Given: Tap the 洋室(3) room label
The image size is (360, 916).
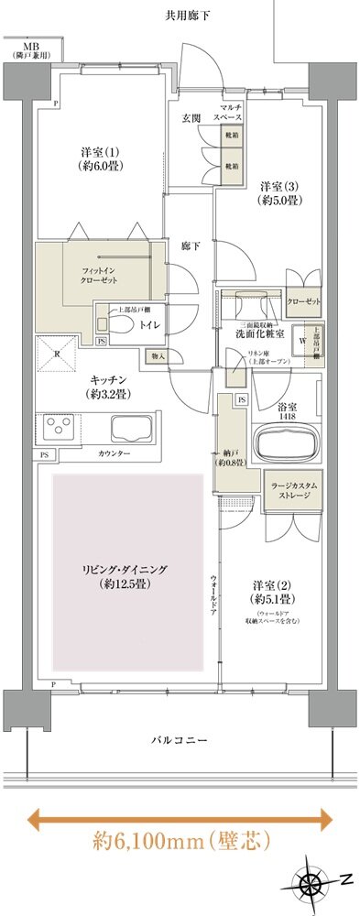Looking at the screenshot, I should [278, 192].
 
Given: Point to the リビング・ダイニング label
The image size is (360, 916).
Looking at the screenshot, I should [126, 576].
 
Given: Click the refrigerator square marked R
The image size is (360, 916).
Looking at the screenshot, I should [54, 356].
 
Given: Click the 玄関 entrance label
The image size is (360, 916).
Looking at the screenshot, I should [191, 117].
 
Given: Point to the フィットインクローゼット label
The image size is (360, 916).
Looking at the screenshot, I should [102, 276].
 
